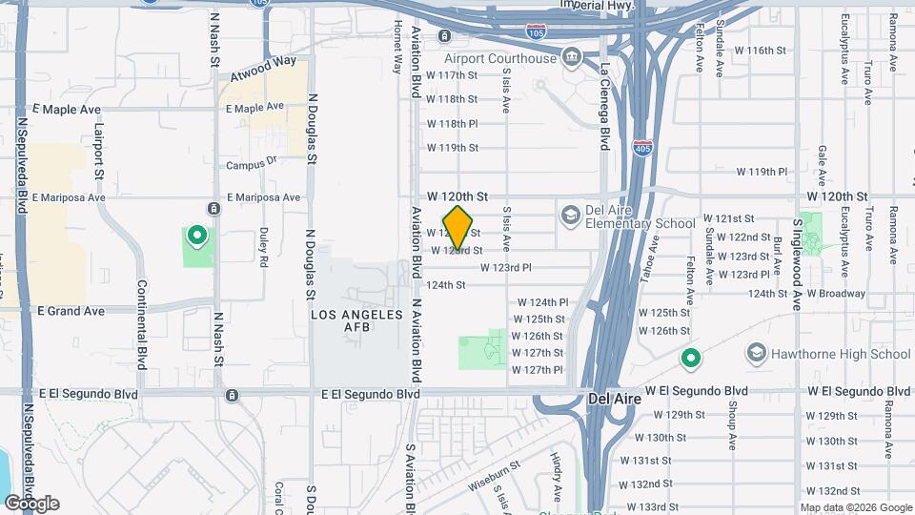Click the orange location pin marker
click(458, 228)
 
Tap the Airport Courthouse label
click(513, 58)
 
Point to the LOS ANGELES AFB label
click(351, 320)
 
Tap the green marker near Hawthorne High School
click(691, 360)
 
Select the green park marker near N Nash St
click(197, 234)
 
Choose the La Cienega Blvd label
click(604, 106)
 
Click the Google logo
click(31, 504)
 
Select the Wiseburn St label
click(494, 475)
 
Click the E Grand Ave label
click(71, 311)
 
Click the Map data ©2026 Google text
click(855, 507)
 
